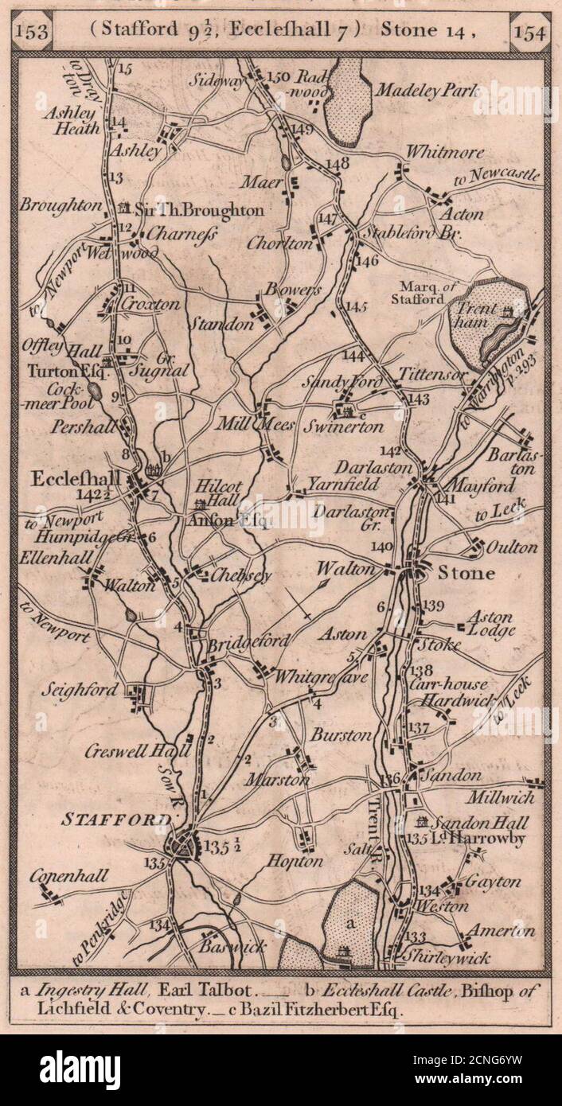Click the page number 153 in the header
[33, 32]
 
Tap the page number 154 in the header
[529, 32]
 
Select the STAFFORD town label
[116, 819]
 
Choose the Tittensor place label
[431, 374]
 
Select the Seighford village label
[80, 690]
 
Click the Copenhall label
[70, 876]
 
